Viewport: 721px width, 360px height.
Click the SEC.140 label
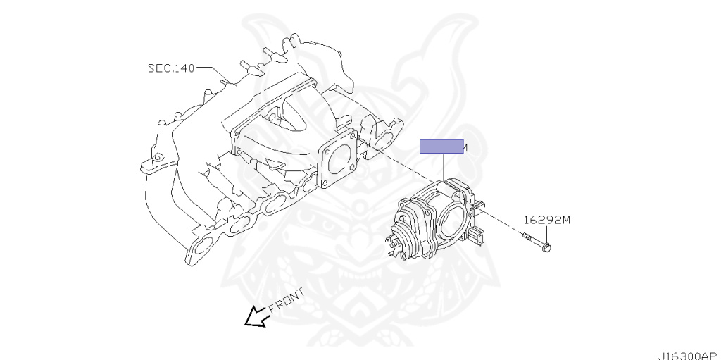(171, 68)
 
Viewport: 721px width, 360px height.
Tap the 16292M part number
(546, 220)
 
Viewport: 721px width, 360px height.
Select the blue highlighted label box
(441, 147)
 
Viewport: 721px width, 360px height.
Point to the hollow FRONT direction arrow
(254, 317)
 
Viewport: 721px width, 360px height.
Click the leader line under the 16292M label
(546, 233)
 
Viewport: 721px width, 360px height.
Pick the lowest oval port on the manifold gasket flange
(203, 243)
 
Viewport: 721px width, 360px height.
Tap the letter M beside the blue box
(466, 147)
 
